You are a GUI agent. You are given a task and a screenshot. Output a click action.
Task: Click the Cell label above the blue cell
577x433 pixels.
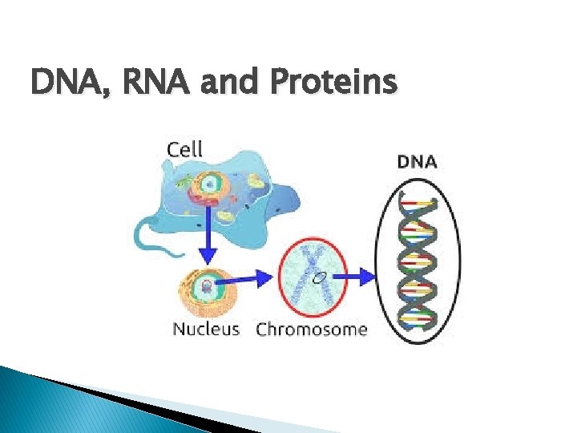[x=184, y=149]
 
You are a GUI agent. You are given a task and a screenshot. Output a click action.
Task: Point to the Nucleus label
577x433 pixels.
[x=206, y=330]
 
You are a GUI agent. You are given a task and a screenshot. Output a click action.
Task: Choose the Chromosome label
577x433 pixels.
[x=311, y=330]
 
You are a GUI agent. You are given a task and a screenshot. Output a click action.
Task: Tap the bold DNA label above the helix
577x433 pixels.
[x=417, y=161]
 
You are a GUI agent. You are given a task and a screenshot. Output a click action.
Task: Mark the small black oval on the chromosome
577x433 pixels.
[x=319, y=278]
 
